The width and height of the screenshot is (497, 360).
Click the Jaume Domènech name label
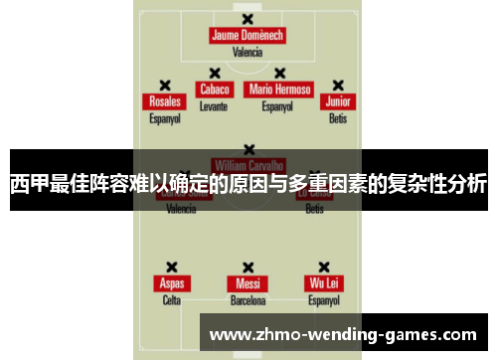pyautogui.click(x=248, y=36)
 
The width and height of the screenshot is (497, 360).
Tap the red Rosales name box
pyautogui.click(x=165, y=101)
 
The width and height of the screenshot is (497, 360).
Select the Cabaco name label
pyautogui.click(x=214, y=89)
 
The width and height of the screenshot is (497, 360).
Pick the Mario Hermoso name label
pyautogui.click(x=279, y=89)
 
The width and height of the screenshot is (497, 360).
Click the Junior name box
pyautogui.click(x=338, y=101)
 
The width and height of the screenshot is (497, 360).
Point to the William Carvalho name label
pyautogui.click(x=248, y=164)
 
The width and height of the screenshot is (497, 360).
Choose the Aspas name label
pyautogui.click(x=171, y=283)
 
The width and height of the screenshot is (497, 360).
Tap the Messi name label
pyautogui.click(x=248, y=283)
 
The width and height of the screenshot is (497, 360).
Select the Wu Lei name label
pyautogui.click(x=324, y=283)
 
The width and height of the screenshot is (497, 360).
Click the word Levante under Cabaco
pyautogui.click(x=214, y=105)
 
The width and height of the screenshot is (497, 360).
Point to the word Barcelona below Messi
pyautogui.click(x=248, y=300)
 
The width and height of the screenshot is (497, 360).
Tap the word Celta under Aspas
pyautogui.click(x=171, y=300)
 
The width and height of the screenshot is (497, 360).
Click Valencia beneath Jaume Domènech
pyautogui.click(x=248, y=53)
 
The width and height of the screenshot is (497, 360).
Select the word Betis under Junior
pyautogui.click(x=338, y=118)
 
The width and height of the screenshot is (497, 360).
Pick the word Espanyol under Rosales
pyautogui.click(x=165, y=118)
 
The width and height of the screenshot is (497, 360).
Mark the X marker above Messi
pyautogui.click(x=248, y=267)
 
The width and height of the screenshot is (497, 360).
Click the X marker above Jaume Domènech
pyautogui.click(x=248, y=18)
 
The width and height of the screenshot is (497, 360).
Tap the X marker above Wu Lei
pyautogui.click(x=324, y=267)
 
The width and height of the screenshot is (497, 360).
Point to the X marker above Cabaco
pyautogui.click(x=214, y=73)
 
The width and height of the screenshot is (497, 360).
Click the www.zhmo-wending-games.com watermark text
pyautogui.click(x=344, y=334)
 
